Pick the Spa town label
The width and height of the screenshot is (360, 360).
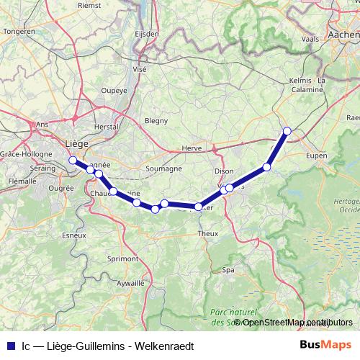coord(228,270)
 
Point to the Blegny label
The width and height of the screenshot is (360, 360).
coord(156,120)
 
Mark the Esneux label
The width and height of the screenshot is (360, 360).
coord(74,235)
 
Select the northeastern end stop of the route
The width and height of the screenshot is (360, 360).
coord(287,131)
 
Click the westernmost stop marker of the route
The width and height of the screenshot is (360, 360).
coord(72,160)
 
